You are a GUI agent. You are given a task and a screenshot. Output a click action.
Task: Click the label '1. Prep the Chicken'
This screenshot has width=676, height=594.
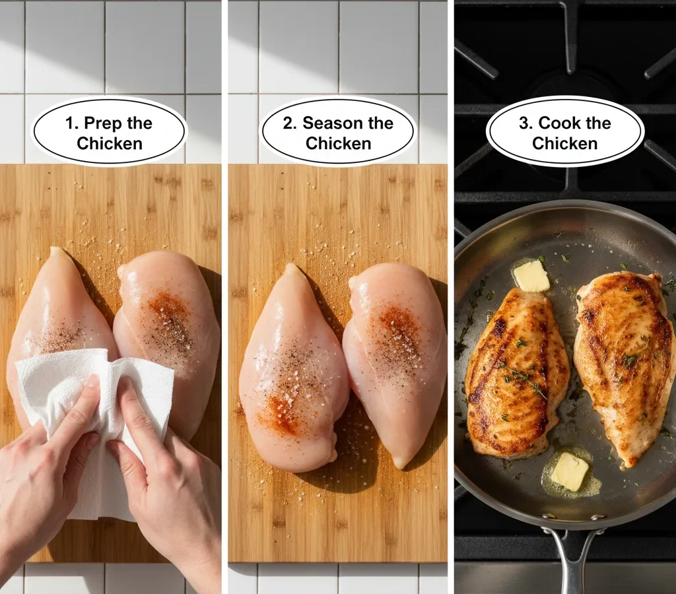[110, 133]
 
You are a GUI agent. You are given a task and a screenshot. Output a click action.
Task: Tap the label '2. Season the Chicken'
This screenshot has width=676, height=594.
[338, 133]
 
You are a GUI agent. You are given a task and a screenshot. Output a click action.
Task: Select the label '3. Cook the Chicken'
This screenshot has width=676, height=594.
[564, 133]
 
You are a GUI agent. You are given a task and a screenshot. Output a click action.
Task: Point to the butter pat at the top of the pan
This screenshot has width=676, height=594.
[531, 276]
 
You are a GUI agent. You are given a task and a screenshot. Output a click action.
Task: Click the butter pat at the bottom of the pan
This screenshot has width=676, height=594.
[569, 471]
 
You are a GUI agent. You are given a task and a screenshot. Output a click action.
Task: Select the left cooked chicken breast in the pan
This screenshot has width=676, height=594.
[516, 374]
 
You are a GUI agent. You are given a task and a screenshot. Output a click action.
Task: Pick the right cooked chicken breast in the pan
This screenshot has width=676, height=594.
[625, 360]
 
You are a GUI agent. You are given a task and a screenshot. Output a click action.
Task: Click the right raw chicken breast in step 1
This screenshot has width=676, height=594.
[168, 323]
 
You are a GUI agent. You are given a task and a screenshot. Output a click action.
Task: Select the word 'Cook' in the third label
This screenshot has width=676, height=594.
[562, 123]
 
